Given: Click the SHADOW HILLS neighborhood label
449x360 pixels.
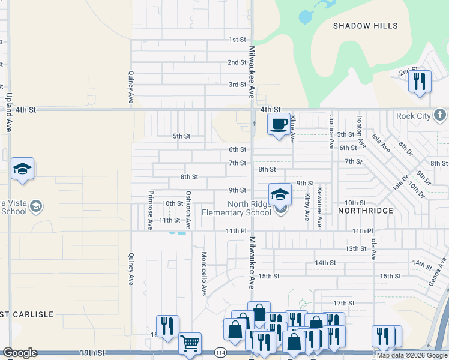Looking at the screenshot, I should point(365,26).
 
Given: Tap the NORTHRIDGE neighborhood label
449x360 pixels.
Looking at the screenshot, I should point(365,211).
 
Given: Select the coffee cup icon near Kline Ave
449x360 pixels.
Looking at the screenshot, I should point(279,124).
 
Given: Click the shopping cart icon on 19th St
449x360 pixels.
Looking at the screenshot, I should point(190,343).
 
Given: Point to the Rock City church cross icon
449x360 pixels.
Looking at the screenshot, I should point(440,115).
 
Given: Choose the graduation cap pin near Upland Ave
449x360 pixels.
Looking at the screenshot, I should point(22,169).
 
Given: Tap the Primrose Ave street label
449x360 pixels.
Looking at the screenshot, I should point(150,211).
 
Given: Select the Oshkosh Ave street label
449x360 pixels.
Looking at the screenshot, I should point(188,210).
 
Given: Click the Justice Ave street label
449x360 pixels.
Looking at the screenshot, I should point(331,132).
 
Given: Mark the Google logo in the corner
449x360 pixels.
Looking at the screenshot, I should point(20,353).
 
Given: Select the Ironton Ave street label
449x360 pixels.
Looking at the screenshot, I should point(361,133).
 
